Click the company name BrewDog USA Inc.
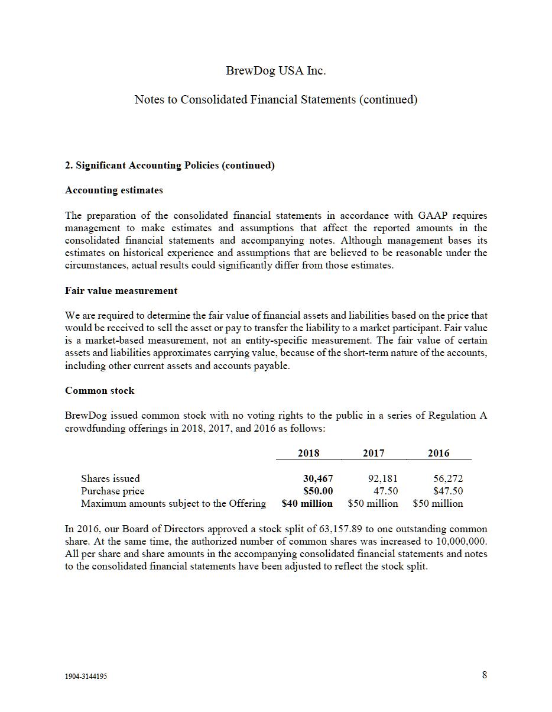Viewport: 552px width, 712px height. coord(275,71)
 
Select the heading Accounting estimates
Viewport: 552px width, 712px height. coord(113,190)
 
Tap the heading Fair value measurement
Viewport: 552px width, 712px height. coord(121,291)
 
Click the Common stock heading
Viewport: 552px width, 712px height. coord(99,391)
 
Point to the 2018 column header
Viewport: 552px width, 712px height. coord(309,454)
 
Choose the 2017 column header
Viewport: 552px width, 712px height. coord(374,454)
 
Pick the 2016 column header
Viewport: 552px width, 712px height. coord(439,454)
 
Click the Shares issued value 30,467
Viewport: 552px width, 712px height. coord(318,478)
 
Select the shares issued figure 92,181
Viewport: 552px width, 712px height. coord(383,478)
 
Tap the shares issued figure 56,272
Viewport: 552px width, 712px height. coord(448,478)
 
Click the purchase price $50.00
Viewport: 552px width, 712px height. coord(318,491)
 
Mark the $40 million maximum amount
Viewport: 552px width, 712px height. coord(307,504)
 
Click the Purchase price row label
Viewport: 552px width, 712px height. coord(112,491)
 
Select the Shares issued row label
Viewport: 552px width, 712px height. coord(111,478)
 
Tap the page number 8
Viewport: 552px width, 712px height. coord(485,675)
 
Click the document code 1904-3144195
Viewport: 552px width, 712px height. coord(86,677)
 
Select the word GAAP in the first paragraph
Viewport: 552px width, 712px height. coord(433,215)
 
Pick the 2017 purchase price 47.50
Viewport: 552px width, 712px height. coord(386,491)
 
